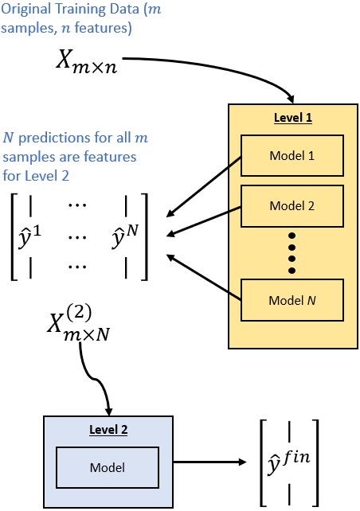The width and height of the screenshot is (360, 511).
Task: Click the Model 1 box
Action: coord(292,156)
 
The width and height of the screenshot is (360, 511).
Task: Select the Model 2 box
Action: coord(292,206)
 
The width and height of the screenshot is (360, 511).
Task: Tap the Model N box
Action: coord(292,301)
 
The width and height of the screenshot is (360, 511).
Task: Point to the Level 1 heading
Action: coord(292,117)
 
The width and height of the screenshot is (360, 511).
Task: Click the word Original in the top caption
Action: coord(25,10)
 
